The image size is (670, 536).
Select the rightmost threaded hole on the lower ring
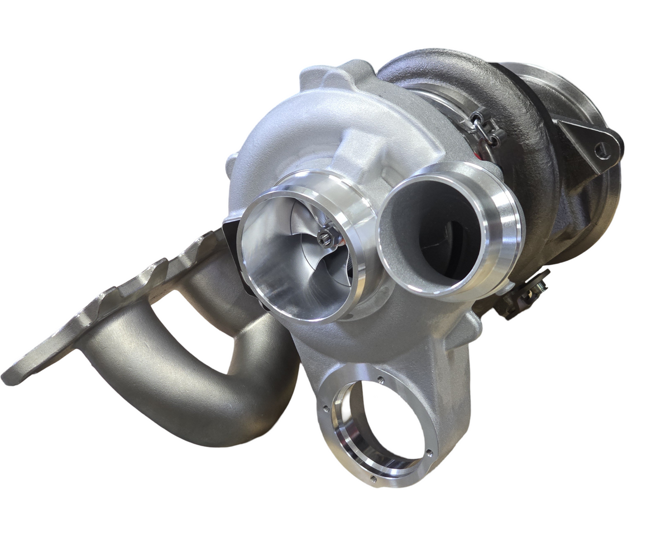point(429,452)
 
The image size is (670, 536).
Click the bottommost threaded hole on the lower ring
point(374,478)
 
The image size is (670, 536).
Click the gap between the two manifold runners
point(201,329)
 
